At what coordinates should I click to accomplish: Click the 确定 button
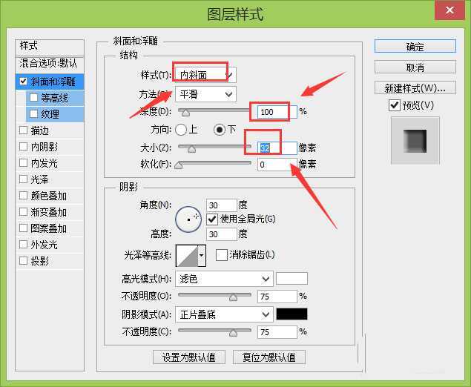(415, 47)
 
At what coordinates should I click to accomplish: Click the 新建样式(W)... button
(415, 88)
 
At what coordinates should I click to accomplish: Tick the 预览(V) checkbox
(395, 106)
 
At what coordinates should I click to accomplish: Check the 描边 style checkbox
(24, 130)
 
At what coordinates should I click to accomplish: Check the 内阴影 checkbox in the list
(24, 147)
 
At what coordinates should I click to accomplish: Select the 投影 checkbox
(24, 261)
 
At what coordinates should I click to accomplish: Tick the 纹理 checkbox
(34, 114)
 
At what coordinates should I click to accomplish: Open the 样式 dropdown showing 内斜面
(205, 74)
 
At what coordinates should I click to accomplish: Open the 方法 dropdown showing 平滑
(205, 94)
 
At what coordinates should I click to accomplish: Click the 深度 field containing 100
(277, 112)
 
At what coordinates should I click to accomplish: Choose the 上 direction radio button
(182, 130)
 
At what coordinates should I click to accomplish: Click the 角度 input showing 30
(221, 205)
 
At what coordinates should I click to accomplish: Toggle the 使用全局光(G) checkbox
(212, 219)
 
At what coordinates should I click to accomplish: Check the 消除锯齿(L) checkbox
(221, 255)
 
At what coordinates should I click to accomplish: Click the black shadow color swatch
(292, 314)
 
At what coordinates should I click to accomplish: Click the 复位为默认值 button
(269, 357)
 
